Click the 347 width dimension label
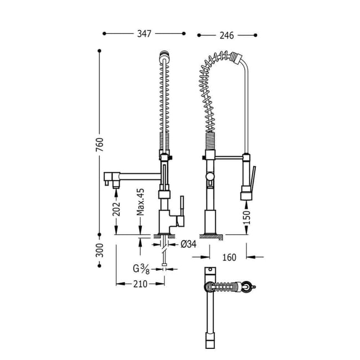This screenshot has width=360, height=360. click(145, 34)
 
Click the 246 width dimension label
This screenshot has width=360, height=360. click(227, 35)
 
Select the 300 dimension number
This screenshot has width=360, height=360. click(99, 253)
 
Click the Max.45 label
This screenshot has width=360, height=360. click(141, 202)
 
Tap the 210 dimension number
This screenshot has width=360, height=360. click(140, 284)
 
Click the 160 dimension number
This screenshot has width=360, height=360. click(229, 257)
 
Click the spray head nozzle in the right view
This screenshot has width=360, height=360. click(246, 195)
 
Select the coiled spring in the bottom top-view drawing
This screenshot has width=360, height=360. click(226, 287)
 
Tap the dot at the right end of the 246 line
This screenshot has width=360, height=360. click(255, 35)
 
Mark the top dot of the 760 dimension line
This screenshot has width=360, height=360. click(100, 51)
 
